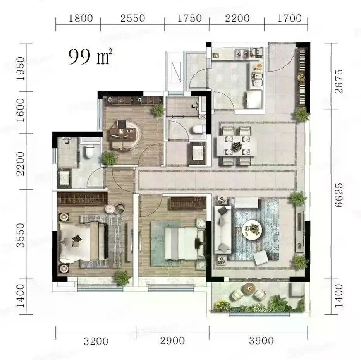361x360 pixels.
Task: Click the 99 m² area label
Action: pyautogui.click(x=90, y=57)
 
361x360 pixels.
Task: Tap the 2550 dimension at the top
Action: pyautogui.click(x=132, y=18)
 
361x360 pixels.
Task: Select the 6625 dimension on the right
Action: pyautogui.click(x=339, y=195)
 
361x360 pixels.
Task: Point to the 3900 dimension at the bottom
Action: pyautogui.click(x=261, y=341)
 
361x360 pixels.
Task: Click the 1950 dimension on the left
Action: pyautogui.click(x=21, y=69)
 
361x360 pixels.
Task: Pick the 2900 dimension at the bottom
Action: pyautogui.click(x=172, y=341)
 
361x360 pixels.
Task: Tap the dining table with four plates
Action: pyautogui.click(x=236, y=146)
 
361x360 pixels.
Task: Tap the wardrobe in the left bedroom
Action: pyautogui.click(x=82, y=198)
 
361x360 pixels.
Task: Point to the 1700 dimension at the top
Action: pyautogui.click(x=289, y=18)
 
